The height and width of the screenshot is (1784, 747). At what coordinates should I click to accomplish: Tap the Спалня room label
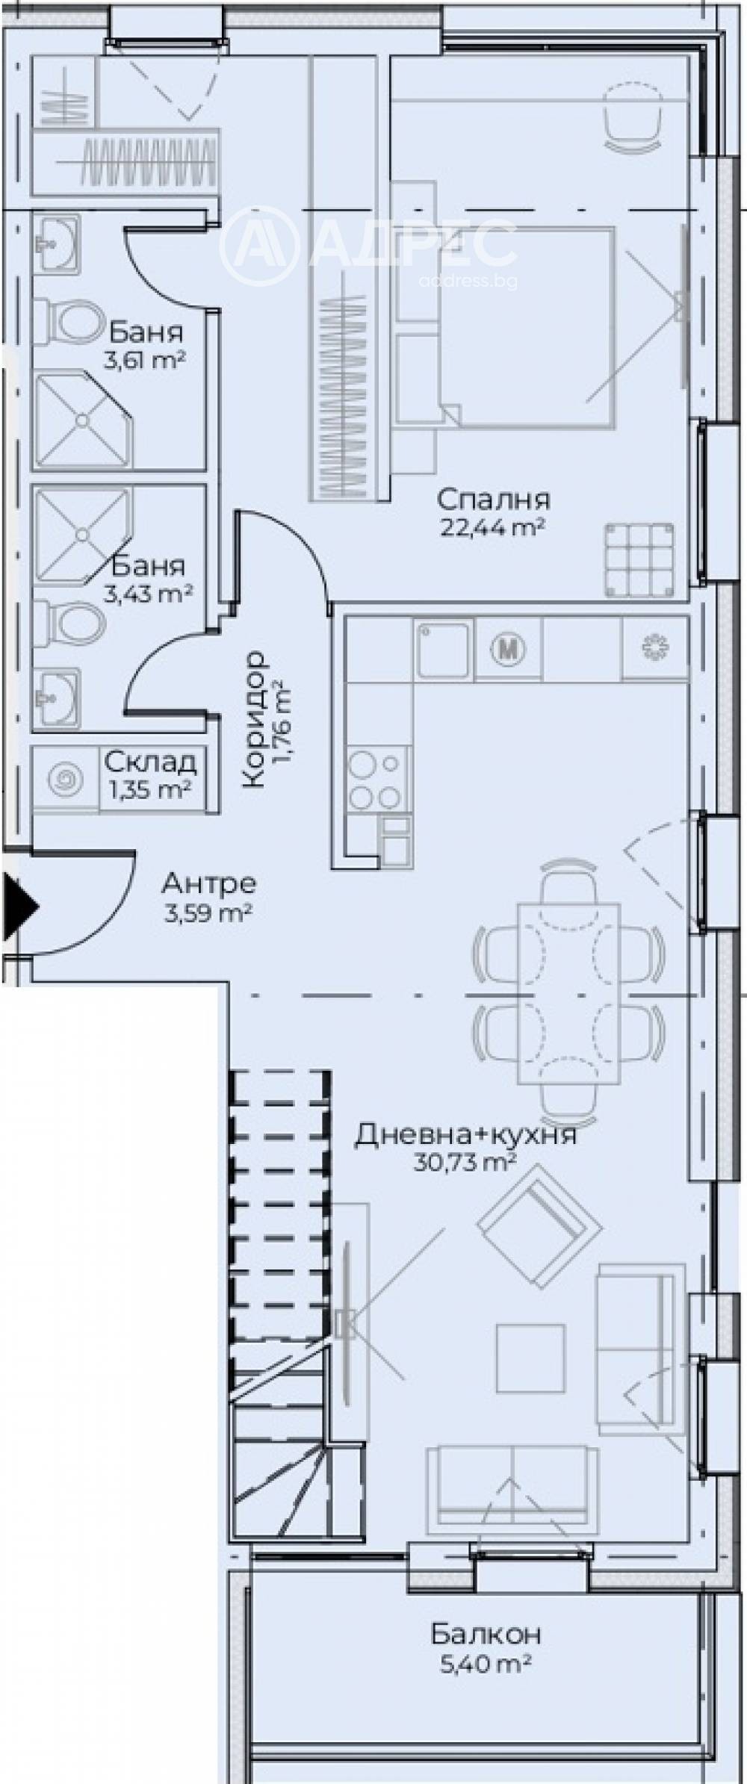(494, 499)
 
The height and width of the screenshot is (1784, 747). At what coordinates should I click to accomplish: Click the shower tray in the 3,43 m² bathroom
(82, 533)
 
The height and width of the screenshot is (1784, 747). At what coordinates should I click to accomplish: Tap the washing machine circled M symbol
(509, 647)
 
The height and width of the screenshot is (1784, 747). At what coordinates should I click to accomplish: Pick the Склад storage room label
(150, 762)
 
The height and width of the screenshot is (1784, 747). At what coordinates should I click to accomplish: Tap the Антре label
(209, 883)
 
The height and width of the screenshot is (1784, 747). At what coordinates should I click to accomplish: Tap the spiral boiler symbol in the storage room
(66, 780)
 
